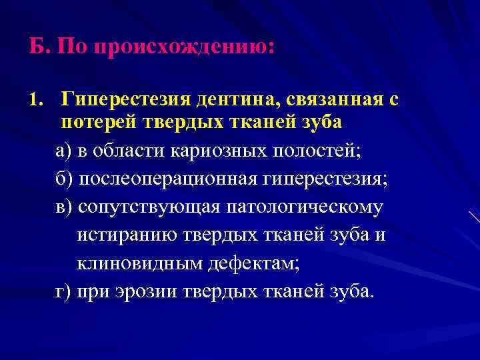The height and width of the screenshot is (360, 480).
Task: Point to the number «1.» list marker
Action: (x=36, y=101)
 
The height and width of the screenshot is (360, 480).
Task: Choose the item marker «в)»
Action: (x=64, y=207)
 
